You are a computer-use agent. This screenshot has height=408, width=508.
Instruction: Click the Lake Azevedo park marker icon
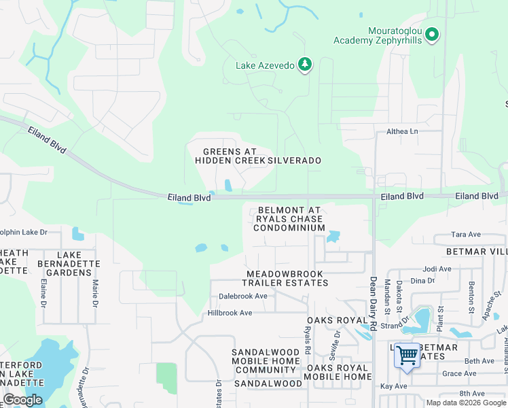tap(306, 65)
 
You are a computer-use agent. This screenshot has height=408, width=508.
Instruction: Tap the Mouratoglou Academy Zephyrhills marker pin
tap(433, 34)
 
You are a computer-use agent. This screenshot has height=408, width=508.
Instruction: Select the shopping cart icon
tap(407, 356)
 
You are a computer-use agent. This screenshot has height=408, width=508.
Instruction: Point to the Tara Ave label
tap(466, 235)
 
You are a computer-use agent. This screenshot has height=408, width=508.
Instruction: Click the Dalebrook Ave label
tap(243, 296)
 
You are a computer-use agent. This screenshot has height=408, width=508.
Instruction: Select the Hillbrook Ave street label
tap(230, 313)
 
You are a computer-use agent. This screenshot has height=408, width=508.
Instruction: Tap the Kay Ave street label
tap(393, 386)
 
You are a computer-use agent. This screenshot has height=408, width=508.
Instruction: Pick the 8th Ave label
tap(473, 393)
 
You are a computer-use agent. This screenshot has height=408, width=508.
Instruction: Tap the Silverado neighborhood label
tap(294, 160)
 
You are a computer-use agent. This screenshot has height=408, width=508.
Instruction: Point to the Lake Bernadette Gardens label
tap(74, 264)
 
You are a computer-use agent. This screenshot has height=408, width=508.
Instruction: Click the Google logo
tap(22, 400)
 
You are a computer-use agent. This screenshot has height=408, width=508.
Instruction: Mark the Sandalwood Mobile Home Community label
tap(264, 361)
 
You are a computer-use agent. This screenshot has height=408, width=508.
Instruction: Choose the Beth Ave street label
tap(479, 361)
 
